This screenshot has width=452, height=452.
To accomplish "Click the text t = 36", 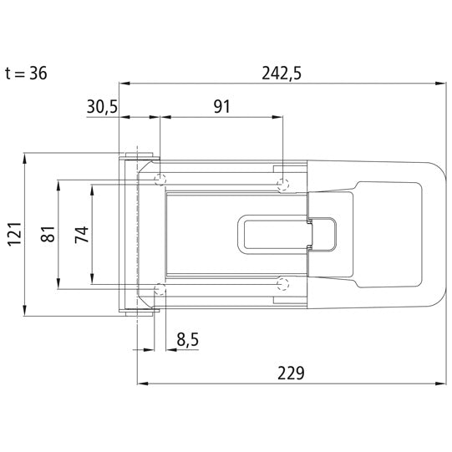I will click(25, 73).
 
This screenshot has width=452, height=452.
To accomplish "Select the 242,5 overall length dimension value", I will click(281, 73).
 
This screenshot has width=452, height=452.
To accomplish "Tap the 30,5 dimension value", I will click(103, 106).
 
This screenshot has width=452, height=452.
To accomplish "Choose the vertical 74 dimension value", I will click(81, 235).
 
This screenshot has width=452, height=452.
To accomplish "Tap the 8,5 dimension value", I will click(188, 339).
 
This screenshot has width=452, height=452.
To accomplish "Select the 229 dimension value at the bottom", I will click(289, 373).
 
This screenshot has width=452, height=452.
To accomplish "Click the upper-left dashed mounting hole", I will click(161, 180).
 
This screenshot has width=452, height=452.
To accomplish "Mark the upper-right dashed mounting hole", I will click(283, 183).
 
